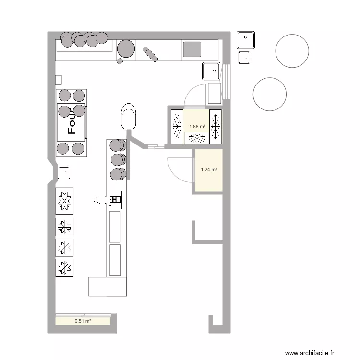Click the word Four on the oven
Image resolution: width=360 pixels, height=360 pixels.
[x=72, y=122]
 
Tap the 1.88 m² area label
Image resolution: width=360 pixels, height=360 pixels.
[x=197, y=127]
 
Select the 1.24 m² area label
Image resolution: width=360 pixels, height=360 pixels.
[x=209, y=169]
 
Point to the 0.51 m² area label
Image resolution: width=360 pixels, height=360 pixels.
[x=83, y=321]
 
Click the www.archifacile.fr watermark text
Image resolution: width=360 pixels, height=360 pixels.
[x=310, y=353]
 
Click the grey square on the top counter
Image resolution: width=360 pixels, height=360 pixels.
[x=192, y=49]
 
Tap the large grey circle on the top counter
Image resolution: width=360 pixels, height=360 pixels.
[x=126, y=48]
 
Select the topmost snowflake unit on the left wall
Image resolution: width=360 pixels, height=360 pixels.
[x=64, y=201]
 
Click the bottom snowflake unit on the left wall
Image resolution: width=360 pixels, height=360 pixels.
[x=64, y=268]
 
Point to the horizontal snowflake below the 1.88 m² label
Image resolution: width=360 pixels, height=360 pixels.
[x=197, y=138]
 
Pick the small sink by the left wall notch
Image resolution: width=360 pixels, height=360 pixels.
[x=64, y=172]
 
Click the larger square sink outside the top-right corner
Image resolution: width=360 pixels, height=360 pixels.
[x=246, y=40]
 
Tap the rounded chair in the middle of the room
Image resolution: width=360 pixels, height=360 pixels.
[x=128, y=116]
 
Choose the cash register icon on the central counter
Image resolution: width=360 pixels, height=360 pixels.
[x=115, y=199]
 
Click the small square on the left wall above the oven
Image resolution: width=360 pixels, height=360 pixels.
[x=59, y=80]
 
